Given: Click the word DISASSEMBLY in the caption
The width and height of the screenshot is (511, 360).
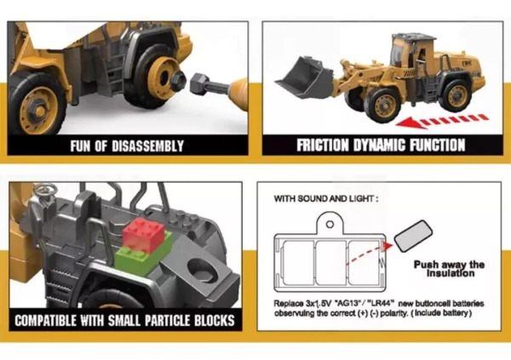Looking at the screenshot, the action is (x=147, y=146).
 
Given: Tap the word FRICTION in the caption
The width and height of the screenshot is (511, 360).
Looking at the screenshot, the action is (x=322, y=146).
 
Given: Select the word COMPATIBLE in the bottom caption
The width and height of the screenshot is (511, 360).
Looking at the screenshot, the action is (x=45, y=321).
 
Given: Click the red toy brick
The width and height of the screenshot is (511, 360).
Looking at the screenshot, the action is (x=143, y=235).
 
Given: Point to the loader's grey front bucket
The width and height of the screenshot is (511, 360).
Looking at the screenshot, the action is (x=304, y=77).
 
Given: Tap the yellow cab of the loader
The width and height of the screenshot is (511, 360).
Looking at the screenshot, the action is (x=412, y=52).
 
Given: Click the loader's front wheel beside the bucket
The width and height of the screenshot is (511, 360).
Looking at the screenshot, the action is (x=382, y=105).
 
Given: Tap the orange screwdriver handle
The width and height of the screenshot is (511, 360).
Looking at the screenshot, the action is (x=240, y=90).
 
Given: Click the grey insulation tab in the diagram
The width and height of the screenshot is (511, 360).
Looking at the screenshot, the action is (x=413, y=237).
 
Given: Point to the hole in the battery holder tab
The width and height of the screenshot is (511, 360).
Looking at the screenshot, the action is (x=330, y=225).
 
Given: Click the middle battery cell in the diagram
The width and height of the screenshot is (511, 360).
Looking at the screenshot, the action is (x=331, y=262).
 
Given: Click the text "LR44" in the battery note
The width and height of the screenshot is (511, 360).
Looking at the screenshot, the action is (x=382, y=304).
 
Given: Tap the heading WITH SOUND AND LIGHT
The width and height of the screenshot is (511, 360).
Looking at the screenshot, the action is (x=326, y=198).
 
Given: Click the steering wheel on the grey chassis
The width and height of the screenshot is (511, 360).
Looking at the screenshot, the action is (x=46, y=189).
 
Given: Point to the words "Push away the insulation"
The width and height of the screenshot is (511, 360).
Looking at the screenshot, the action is (x=449, y=269).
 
